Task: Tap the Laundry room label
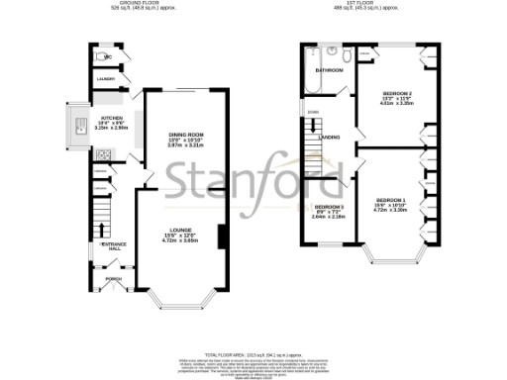click(106, 79)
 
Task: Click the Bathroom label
click(329, 71)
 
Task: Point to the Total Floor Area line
click(253, 353)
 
